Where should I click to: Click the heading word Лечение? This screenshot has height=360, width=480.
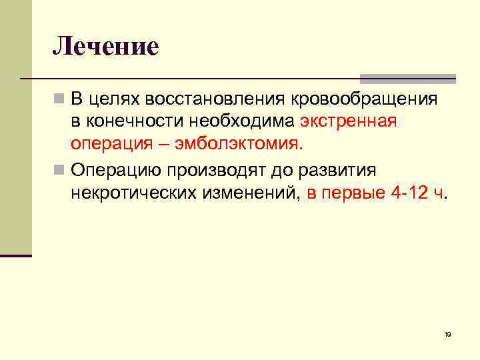(106, 46)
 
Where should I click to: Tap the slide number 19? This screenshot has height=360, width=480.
(447, 334)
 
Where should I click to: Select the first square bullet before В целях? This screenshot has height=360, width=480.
(60, 99)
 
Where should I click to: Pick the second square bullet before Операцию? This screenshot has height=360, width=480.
(60, 171)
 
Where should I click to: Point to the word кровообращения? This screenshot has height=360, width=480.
(364, 99)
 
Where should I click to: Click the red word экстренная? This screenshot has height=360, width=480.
(349, 122)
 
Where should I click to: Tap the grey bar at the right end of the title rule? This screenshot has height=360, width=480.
(407, 78)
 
